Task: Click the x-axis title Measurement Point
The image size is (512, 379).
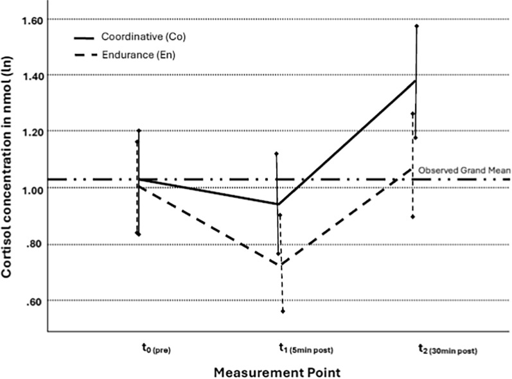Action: point(276,371)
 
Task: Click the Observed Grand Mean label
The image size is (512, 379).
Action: point(464,170)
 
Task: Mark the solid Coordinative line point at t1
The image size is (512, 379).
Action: point(278,204)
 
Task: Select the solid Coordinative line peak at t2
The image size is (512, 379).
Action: point(416,80)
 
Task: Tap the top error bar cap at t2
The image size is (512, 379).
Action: point(417,26)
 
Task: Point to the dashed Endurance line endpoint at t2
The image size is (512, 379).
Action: point(413,167)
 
